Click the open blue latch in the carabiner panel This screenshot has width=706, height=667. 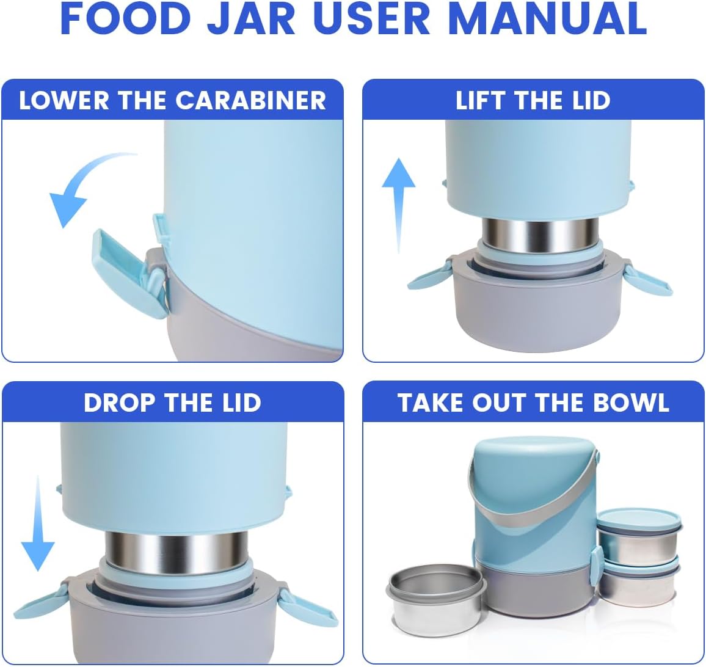click(x=122, y=272)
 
